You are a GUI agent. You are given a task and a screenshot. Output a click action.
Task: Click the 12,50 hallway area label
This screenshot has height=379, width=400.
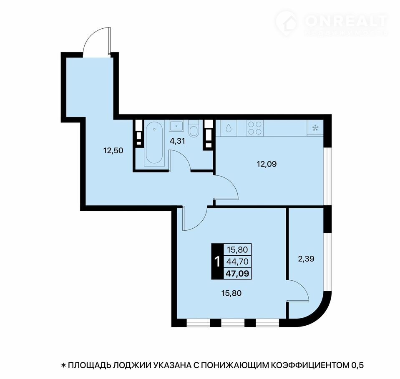(x=113, y=150)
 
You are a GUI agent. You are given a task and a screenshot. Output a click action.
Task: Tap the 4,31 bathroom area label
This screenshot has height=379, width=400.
(x=177, y=141)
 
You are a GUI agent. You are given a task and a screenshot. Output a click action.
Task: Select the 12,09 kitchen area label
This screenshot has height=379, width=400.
(x=267, y=164)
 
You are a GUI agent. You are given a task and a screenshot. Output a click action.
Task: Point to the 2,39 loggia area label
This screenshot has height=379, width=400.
(x=306, y=259)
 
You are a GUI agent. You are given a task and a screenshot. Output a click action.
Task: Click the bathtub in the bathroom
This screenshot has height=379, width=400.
(x=154, y=144)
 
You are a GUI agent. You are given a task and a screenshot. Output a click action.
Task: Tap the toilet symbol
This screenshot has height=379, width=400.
(x=194, y=129)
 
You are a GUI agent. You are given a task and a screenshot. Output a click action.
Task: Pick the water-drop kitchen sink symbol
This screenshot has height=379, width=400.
(x=228, y=128)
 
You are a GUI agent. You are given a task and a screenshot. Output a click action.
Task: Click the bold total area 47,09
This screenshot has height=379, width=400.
(x=237, y=274)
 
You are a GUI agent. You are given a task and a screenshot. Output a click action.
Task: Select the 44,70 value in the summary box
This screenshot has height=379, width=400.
(x=237, y=262)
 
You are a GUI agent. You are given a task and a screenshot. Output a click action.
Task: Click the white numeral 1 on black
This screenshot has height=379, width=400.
(x=217, y=262)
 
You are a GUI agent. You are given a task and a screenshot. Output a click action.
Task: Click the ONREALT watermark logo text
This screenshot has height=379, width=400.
(x=347, y=21)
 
